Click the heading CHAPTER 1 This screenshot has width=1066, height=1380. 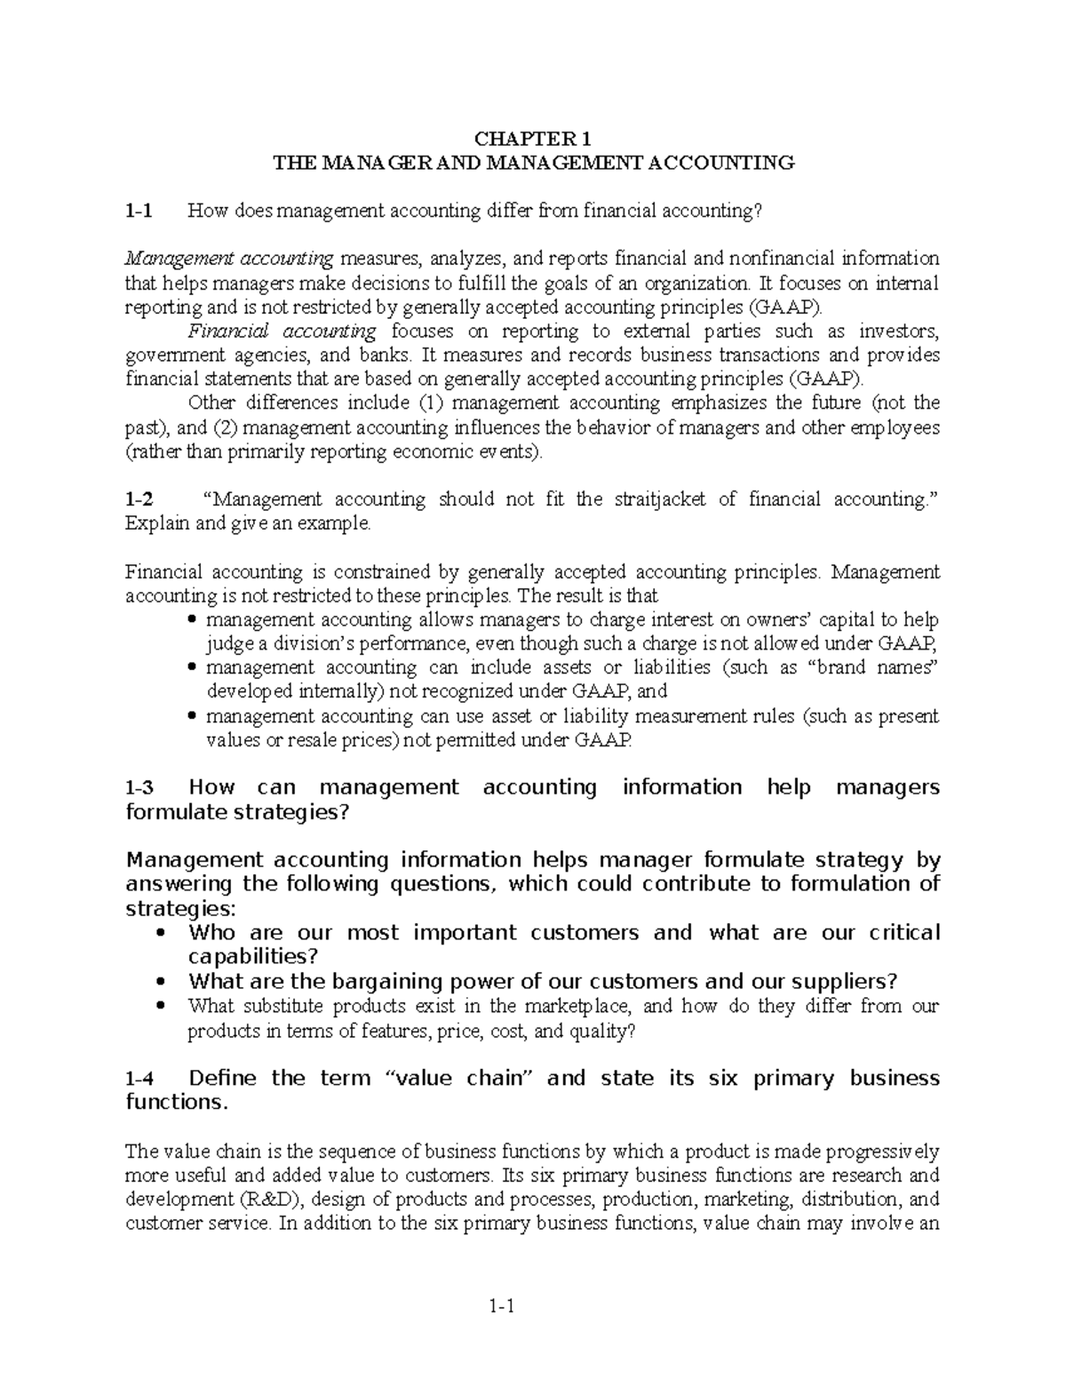click(x=532, y=139)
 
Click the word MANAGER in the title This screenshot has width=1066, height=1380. click(x=373, y=163)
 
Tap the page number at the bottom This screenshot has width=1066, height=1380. click(x=502, y=1306)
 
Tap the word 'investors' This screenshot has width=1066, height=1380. click(x=899, y=331)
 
